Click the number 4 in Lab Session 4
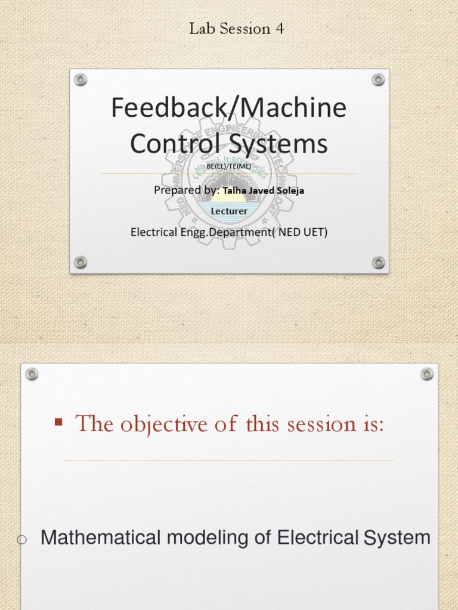[x=280, y=29]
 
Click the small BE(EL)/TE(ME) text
[x=228, y=166]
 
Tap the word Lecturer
[x=230, y=211]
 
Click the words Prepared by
[x=187, y=191]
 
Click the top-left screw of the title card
[x=81, y=80]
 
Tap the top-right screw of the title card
[x=378, y=80]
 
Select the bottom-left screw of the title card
[x=81, y=262]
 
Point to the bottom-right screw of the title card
[x=378, y=262]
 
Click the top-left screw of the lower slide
[x=32, y=374]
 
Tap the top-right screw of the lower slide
[x=426, y=374]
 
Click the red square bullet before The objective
[x=58, y=422]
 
